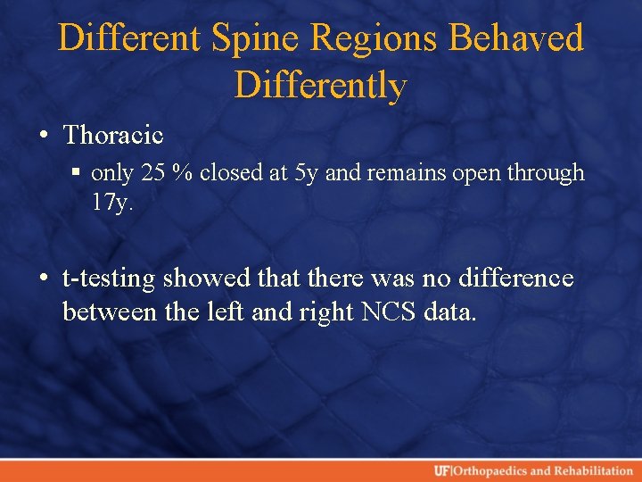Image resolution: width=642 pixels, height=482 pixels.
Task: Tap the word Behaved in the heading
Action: pos(517,38)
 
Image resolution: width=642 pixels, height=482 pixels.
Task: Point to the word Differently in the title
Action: pos(321,86)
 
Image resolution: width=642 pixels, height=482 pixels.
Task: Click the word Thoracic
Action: pos(113,135)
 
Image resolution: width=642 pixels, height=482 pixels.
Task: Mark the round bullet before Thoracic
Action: pos(44,136)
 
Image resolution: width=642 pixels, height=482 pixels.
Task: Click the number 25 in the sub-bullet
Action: pos(152,172)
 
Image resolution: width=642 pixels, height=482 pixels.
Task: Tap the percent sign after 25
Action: pos(184,172)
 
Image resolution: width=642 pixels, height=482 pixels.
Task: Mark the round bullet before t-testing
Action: pos(44,279)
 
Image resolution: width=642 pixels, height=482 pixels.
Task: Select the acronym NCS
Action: pos(386,312)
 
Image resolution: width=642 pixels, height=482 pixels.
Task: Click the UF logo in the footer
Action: pos(441,470)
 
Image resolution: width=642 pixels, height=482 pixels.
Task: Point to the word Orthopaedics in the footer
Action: pos(488,470)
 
